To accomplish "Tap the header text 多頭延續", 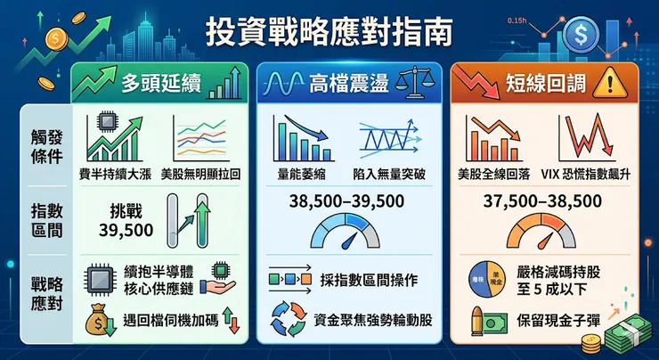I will [161, 85].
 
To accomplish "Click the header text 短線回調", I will [544, 85].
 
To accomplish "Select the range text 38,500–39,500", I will [346, 200].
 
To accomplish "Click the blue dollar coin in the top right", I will [581, 35].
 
